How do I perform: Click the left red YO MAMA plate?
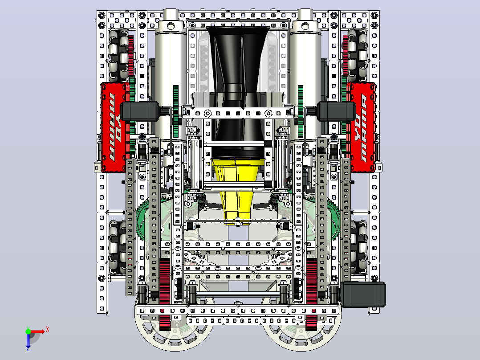click(113, 127)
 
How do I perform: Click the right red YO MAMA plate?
click(361, 127)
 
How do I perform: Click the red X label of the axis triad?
click(48, 330)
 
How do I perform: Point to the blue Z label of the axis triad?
click(28, 348)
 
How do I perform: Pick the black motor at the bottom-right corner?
click(363, 295)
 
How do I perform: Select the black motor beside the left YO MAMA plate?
click(140, 111)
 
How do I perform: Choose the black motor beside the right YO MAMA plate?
click(337, 111)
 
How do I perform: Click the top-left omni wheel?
click(119, 56)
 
